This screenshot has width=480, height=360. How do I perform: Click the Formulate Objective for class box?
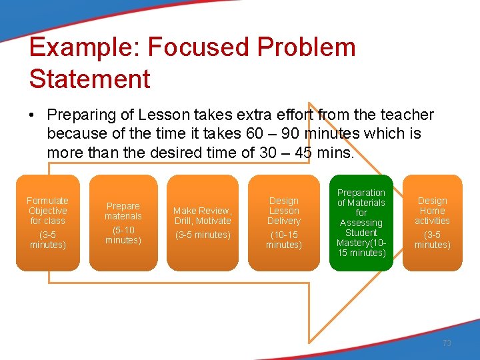pyautogui.click(x=47, y=223)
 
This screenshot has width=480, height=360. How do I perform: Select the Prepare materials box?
pyautogui.click(x=123, y=223)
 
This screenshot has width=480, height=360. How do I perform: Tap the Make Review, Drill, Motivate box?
pyautogui.click(x=203, y=223)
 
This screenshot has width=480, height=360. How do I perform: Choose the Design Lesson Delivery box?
pyautogui.click(x=284, y=223)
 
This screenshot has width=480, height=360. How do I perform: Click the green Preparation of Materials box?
pyautogui.click(x=361, y=223)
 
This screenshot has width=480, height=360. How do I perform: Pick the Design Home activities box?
pyautogui.click(x=432, y=223)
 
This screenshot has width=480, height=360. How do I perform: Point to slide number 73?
pyautogui.click(x=447, y=343)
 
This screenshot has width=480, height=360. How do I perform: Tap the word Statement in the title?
pyautogui.click(x=89, y=79)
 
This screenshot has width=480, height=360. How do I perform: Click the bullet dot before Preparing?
pyautogui.click(x=32, y=115)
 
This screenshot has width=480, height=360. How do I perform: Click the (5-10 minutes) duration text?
pyautogui.click(x=123, y=235)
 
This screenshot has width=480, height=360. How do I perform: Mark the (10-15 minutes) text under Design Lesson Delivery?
pyautogui.click(x=284, y=240)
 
